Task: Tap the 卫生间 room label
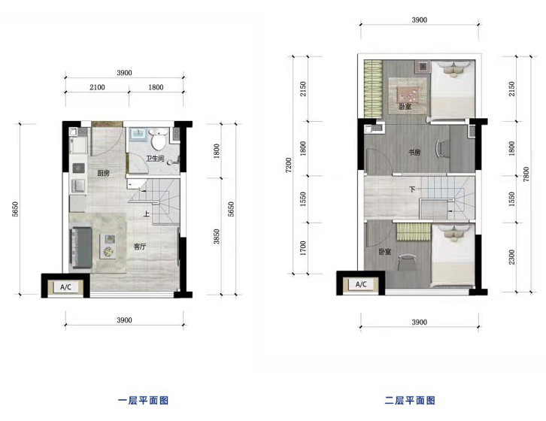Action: pos(155,159)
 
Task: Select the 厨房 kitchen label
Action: pos(104,173)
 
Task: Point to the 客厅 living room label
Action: pos(140,247)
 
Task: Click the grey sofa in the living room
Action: pos(82,247)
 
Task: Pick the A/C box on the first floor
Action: pos(66,287)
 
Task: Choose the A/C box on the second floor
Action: pos(361,284)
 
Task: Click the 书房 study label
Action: pos(414,152)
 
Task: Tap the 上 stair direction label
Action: pos(147,214)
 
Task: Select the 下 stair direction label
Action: pos(413,189)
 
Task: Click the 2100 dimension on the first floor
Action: pos(97,87)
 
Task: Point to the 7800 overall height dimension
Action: pos(526,174)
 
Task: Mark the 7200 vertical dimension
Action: pos(288,165)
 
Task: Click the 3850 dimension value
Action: pos(217,237)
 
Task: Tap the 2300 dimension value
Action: pos(511,257)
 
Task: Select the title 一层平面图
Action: pos(143,401)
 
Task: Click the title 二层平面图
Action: pos(410,401)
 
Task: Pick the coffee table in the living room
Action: pos(108,246)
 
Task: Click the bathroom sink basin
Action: pos(138,134)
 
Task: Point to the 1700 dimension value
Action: pos(303,248)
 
